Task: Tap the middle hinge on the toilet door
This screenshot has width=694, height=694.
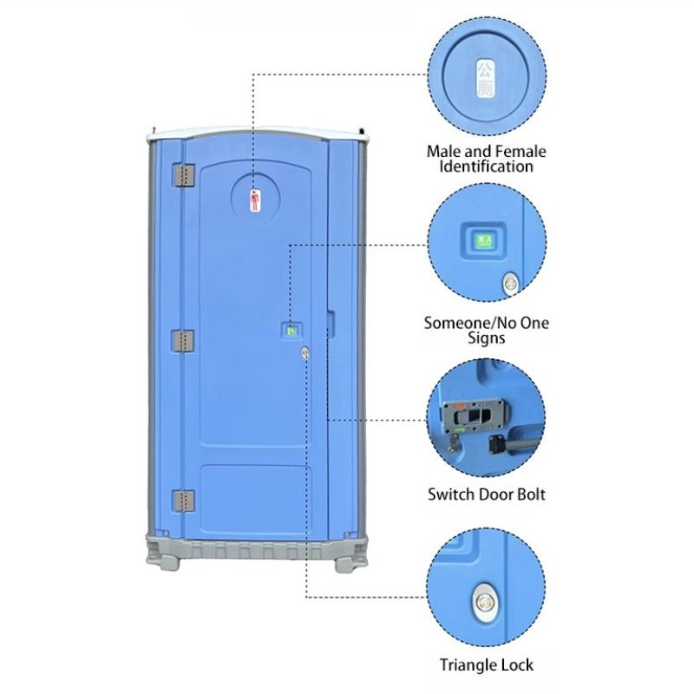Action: tap(183, 340)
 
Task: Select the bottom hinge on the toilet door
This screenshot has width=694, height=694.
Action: tap(183, 501)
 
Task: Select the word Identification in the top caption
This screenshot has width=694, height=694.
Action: tap(487, 166)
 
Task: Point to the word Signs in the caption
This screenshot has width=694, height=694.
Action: tap(487, 338)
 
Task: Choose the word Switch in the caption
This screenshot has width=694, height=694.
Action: tap(450, 495)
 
